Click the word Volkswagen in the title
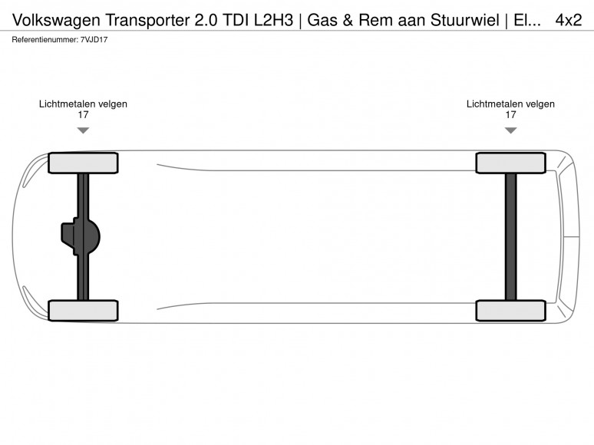[57, 21]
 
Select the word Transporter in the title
[148, 20]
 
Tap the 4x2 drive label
[568, 20]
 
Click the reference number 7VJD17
[94, 39]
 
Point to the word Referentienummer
[45, 39]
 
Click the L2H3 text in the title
[273, 20]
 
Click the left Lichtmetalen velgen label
[83, 104]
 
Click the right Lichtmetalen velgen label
[510, 104]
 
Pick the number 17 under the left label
[83, 115]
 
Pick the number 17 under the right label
[510, 115]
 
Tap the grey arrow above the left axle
[83, 130]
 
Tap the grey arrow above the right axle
[510, 130]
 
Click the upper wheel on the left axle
[83, 163]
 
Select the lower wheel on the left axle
[83, 311]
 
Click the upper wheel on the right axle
[510, 163]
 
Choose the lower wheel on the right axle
[510, 311]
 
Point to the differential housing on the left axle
[81, 236]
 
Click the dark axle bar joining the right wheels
[510, 237]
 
